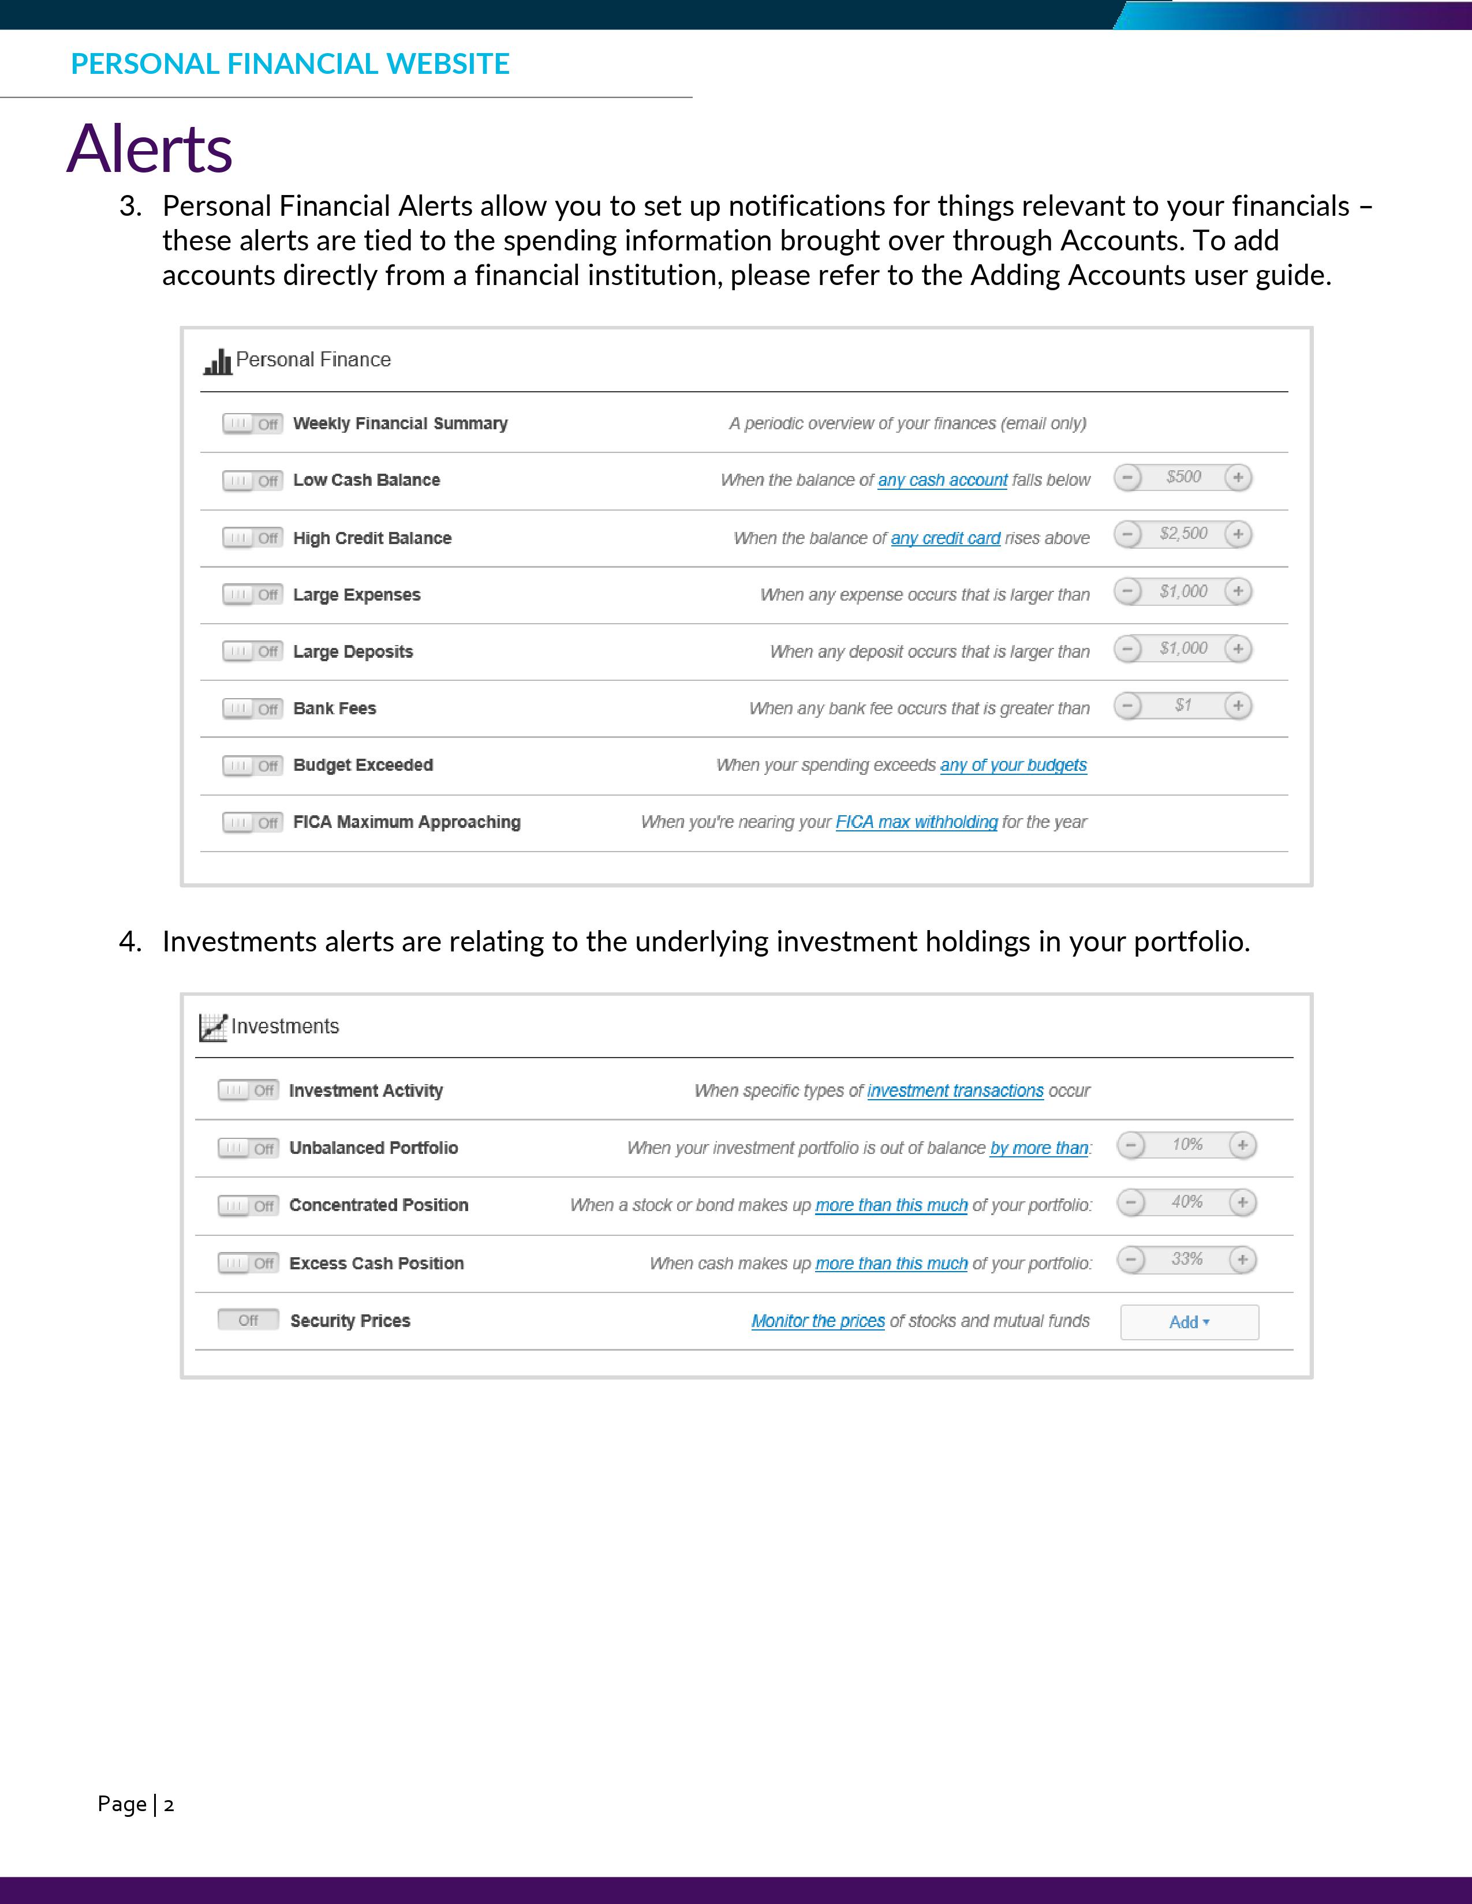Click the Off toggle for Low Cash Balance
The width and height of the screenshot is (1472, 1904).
pyautogui.click(x=252, y=481)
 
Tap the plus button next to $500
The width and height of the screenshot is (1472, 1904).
pyautogui.click(x=1238, y=478)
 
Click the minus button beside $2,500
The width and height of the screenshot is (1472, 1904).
pyautogui.click(x=1127, y=534)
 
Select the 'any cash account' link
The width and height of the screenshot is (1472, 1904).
pyautogui.click(x=942, y=481)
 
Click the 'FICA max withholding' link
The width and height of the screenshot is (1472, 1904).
pyautogui.click(x=916, y=822)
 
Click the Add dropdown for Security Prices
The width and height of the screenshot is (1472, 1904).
pyautogui.click(x=1189, y=1322)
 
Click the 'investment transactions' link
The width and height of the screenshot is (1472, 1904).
pyautogui.click(x=955, y=1090)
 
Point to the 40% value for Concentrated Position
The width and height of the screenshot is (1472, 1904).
pyautogui.click(x=1187, y=1202)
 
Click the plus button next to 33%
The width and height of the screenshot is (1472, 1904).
pyautogui.click(x=1242, y=1260)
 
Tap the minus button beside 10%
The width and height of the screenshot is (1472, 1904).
pyautogui.click(x=1131, y=1145)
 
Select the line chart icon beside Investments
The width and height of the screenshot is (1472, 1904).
pyautogui.click(x=213, y=1027)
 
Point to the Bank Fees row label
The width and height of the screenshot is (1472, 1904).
pyautogui.click(x=335, y=709)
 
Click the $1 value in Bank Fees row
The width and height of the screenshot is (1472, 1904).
pyautogui.click(x=1182, y=705)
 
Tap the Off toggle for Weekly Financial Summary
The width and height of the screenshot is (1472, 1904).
pyautogui.click(x=252, y=423)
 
